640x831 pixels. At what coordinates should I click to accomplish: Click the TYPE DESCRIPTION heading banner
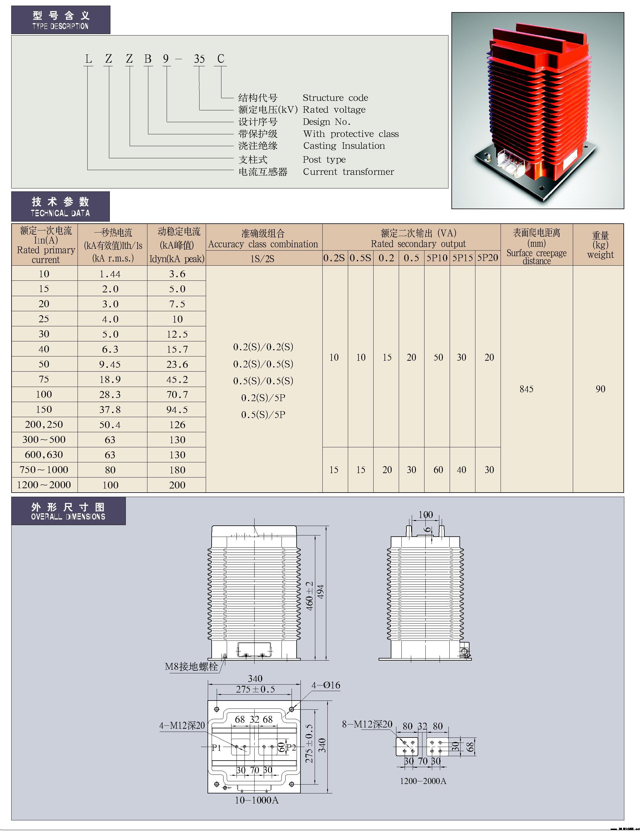60,20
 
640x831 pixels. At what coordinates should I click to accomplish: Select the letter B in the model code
148,59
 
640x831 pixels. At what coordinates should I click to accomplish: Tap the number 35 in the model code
199,59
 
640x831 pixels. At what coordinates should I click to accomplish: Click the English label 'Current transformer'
348,172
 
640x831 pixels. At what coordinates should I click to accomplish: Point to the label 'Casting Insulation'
344,146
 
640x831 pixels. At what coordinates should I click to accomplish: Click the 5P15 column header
462,258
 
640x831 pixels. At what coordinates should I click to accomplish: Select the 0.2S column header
334,258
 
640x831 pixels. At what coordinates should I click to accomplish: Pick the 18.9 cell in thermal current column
110,379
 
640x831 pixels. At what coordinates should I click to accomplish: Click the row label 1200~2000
44,485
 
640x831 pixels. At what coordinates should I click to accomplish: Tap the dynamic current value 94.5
177,409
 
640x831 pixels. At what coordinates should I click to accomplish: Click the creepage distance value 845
527,389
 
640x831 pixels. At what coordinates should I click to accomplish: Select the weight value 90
600,389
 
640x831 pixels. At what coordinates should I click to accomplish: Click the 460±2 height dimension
310,596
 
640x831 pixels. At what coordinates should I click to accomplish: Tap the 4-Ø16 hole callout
326,685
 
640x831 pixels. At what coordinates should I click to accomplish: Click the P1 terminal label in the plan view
216,747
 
